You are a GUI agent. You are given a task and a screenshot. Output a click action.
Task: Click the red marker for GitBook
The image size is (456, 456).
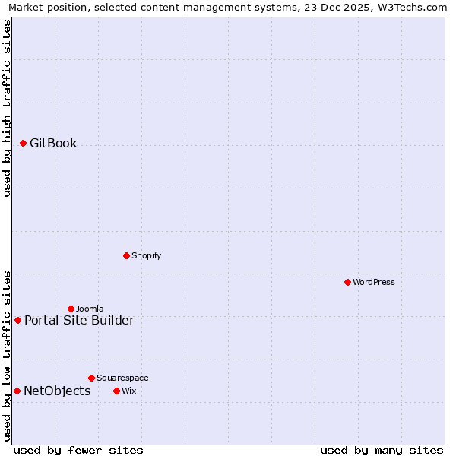23,143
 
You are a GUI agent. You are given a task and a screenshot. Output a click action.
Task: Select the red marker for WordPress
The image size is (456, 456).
347,282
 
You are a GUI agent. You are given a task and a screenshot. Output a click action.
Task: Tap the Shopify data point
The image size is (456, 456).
126,255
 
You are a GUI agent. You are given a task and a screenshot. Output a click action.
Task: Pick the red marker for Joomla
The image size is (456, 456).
71,309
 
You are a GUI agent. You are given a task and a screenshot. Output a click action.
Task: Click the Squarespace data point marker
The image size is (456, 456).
91,378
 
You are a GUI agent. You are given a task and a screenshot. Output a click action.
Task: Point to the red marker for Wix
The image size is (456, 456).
116,391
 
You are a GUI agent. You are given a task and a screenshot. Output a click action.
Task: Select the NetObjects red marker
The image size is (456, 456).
17,391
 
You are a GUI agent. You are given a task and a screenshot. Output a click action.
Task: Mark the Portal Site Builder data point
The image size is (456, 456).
17,320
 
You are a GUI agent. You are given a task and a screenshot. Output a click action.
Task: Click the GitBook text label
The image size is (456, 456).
53,143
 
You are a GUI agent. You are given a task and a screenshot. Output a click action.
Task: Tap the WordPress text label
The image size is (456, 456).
374,282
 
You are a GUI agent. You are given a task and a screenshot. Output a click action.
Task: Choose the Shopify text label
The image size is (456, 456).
147,255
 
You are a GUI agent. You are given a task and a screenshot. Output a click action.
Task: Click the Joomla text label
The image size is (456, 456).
90,309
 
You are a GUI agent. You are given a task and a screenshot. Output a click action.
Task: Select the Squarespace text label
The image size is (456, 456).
122,378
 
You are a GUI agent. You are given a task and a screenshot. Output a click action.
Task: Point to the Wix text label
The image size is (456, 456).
129,391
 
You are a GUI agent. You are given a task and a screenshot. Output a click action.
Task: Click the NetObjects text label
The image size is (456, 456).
57,391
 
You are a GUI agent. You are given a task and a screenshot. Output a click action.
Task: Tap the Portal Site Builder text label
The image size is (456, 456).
79,320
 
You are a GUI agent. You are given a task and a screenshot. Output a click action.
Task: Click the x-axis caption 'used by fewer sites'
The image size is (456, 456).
78,450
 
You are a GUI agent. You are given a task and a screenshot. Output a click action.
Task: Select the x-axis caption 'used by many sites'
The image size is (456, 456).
382,450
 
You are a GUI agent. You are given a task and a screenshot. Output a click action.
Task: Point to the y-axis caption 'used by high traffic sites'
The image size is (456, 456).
7,108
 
